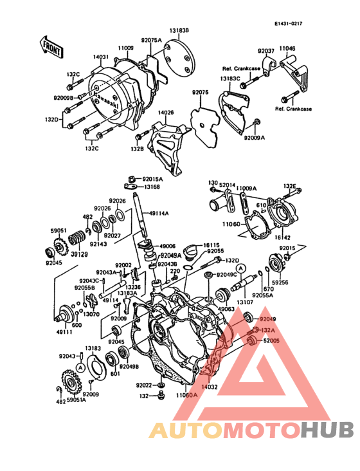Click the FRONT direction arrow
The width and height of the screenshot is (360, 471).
tap(51, 46)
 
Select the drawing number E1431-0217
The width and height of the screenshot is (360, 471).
tap(287, 24)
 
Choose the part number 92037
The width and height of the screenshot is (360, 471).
tap(266, 50)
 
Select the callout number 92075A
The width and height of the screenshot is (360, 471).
tap(152, 41)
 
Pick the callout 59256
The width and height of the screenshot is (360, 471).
tap(280, 281)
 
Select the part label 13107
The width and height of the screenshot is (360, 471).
tap(245, 300)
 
